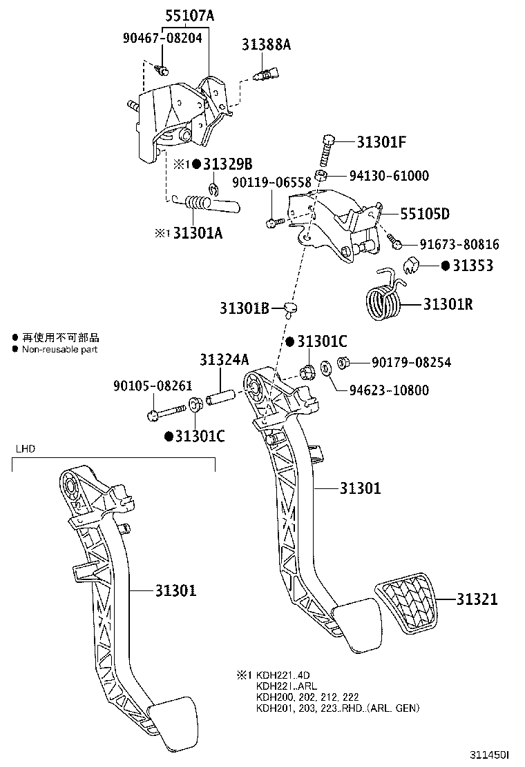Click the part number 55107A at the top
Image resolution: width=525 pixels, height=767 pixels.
click(x=189, y=14)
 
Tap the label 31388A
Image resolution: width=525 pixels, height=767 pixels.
click(x=266, y=45)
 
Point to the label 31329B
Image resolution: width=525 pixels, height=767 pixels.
click(x=227, y=163)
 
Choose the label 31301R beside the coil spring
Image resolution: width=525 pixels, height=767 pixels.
click(x=448, y=303)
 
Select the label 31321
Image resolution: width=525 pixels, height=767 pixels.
click(x=477, y=599)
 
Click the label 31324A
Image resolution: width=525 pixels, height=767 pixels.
click(x=223, y=359)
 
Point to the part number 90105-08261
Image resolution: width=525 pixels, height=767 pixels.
click(x=153, y=386)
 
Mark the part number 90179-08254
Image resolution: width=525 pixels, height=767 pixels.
click(x=411, y=362)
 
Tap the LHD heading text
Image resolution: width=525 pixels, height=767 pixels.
click(x=26, y=449)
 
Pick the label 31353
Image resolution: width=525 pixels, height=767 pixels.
click(x=473, y=265)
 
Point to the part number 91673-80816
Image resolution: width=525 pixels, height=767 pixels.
click(x=459, y=244)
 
